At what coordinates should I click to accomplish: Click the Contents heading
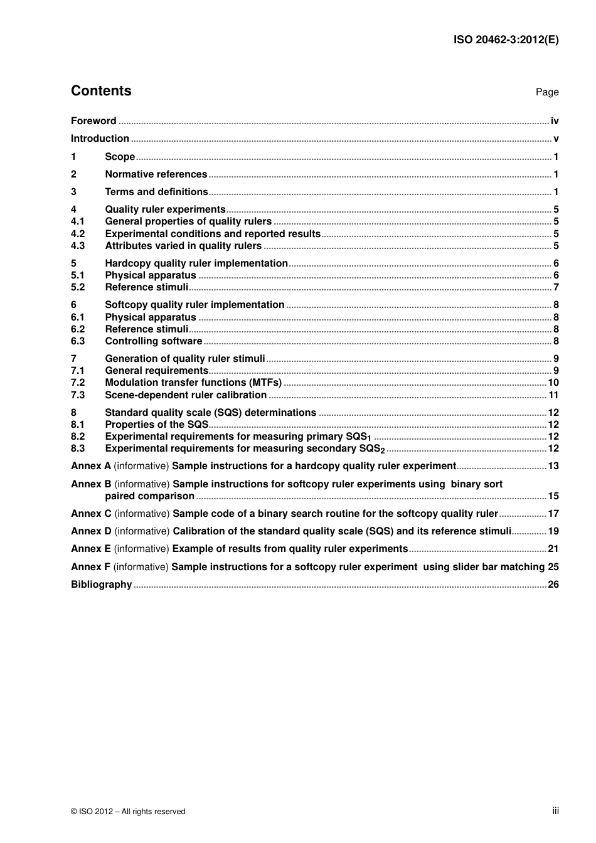101,91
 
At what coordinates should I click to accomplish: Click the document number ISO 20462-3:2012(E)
506,40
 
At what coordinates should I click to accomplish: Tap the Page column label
546,92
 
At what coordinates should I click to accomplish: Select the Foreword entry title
93,121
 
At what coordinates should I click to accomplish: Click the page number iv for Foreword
554,121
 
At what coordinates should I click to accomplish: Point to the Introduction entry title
100,139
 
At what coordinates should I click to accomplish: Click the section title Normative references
156,174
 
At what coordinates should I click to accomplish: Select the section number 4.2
78,234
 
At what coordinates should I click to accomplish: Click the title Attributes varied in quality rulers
183,246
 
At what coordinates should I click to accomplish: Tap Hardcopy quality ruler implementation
196,263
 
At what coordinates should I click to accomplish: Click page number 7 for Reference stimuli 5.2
556,287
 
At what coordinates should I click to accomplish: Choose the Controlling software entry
154,341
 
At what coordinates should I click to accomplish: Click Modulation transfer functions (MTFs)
193,383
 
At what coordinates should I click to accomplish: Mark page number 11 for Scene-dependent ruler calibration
553,395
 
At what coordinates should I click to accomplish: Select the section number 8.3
78,448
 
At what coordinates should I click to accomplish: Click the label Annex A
90,466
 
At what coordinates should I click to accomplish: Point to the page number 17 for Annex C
553,514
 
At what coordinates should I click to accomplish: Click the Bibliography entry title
101,585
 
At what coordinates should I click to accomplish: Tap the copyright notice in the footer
128,812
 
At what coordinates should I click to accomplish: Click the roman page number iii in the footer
555,811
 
